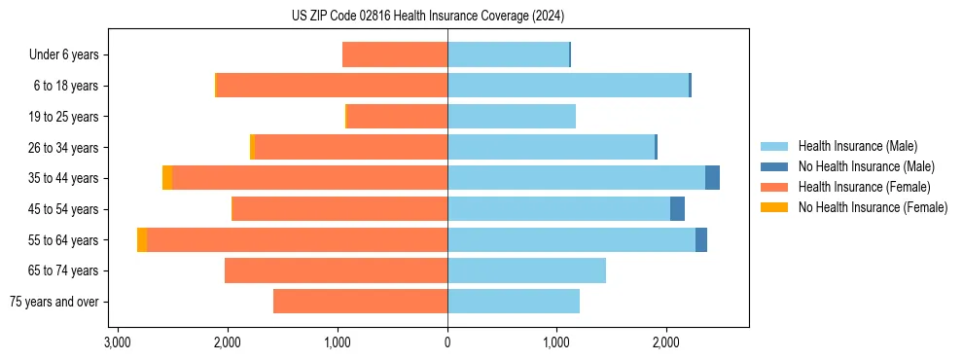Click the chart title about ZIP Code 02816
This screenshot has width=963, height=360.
427,16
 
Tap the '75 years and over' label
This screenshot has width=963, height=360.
53,302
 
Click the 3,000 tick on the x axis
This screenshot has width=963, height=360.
117,342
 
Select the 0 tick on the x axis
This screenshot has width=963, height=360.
447,342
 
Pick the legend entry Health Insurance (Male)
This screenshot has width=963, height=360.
857,146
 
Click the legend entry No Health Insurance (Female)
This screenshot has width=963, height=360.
873,207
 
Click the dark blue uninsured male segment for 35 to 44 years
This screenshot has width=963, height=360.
712,178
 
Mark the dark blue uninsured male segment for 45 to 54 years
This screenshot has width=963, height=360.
677,209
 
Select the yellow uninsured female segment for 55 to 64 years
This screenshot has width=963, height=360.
142,240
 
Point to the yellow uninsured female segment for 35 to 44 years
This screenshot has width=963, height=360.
167,178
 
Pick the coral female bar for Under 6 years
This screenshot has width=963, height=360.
395,54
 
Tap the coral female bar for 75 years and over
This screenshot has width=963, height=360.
360,302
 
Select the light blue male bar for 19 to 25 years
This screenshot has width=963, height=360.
512,117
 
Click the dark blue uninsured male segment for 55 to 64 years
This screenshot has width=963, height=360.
701,240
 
